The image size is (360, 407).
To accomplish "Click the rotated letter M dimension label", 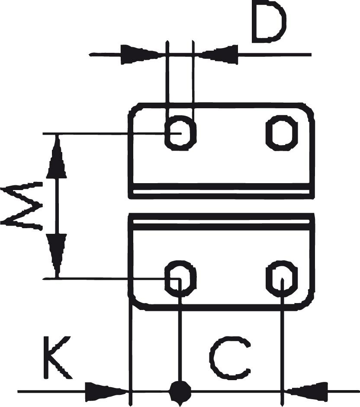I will point(22,207).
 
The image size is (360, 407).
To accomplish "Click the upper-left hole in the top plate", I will point(181,133).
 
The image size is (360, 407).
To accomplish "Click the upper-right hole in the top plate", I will point(282,132).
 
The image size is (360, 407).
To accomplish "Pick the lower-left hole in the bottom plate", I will point(181,278).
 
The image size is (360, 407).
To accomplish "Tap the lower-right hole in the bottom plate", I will point(282,278).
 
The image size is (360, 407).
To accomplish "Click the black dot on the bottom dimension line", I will point(180,391).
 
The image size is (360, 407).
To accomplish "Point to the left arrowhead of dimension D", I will point(138,55).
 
